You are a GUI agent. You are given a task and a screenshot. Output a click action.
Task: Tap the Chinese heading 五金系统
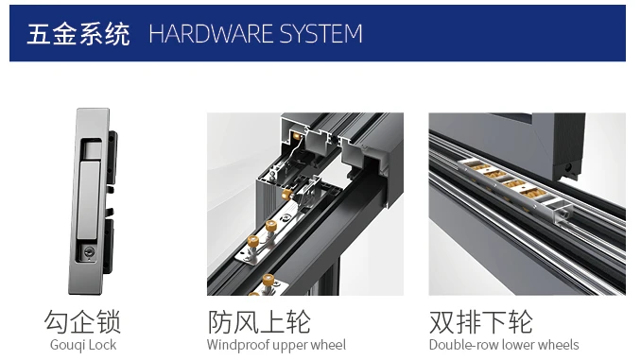(78, 34)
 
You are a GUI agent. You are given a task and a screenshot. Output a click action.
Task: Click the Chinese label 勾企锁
(83, 320)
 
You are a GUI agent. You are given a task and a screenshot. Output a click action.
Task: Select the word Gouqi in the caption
(69, 345)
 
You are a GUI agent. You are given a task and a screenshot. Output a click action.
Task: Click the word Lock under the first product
(103, 345)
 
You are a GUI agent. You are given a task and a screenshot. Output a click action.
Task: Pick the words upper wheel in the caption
(311, 345)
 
